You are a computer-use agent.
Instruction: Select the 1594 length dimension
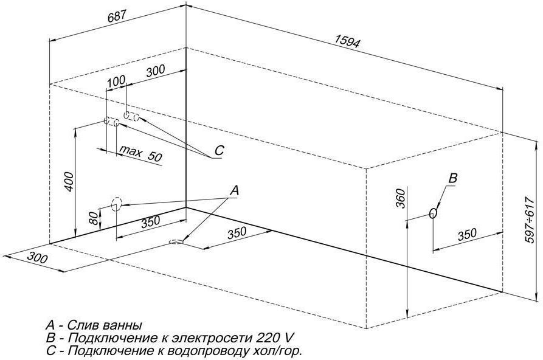click(347, 41)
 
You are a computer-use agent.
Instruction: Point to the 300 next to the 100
click(156, 70)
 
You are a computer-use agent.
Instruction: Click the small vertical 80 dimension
click(92, 217)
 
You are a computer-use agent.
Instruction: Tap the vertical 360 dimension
click(400, 199)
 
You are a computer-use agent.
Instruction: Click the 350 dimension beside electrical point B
click(466, 234)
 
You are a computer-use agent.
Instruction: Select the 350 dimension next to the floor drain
click(237, 233)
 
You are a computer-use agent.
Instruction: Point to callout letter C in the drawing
click(220, 150)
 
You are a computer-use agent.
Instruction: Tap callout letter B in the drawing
click(452, 178)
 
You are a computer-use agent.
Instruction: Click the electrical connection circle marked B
click(433, 213)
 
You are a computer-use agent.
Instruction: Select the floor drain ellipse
click(177, 242)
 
